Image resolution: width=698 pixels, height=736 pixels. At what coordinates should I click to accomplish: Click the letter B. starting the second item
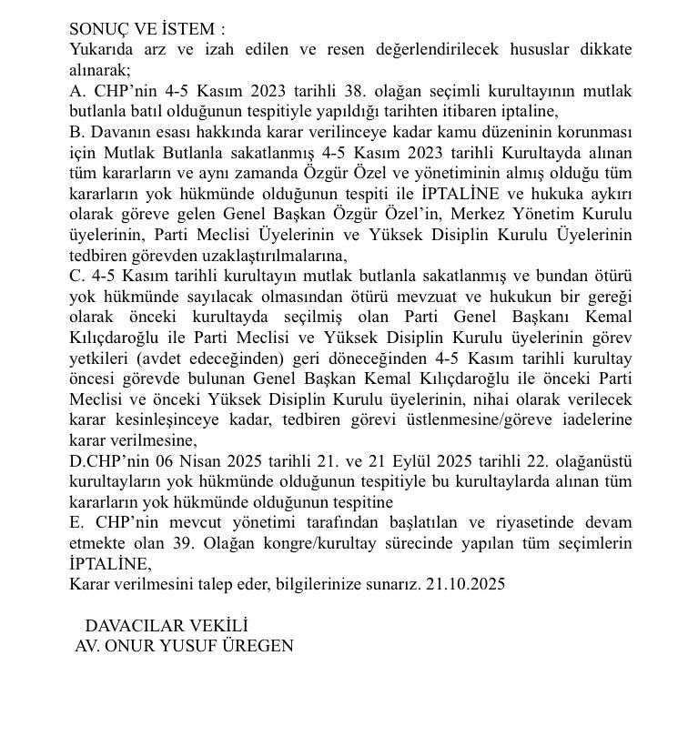(77, 132)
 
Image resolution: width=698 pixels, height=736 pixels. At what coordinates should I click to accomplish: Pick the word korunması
(593, 132)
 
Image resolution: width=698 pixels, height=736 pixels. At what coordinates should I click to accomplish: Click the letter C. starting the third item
(77, 276)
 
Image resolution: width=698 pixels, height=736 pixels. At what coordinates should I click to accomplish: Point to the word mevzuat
(474, 297)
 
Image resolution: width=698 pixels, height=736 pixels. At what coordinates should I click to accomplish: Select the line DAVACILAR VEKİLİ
(167, 626)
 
